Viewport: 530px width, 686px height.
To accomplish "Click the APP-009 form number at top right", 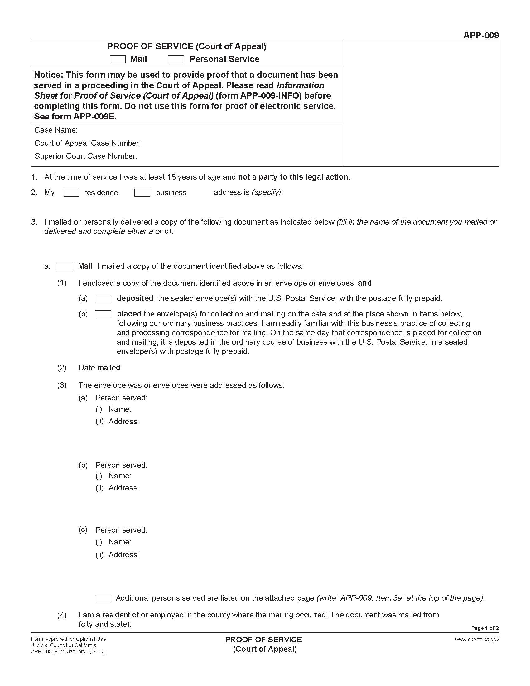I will click(x=481, y=35).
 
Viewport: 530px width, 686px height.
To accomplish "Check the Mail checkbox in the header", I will click(x=118, y=59).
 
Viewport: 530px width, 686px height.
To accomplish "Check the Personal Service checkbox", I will click(x=176, y=59).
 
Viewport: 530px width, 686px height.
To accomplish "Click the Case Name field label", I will click(x=56, y=130).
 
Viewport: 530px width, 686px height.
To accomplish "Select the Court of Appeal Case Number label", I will click(x=88, y=143).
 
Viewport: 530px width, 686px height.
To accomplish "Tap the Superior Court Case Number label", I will click(x=86, y=156).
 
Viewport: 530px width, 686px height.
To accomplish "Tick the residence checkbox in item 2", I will click(x=71, y=192).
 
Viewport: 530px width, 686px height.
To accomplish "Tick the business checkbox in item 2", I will click(x=142, y=192).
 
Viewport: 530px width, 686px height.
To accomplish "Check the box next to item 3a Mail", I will click(x=65, y=267).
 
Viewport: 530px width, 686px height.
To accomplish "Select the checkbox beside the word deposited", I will click(x=103, y=299).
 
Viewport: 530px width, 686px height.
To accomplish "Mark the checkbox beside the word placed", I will click(x=103, y=314).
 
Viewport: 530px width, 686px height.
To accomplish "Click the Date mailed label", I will click(x=100, y=368).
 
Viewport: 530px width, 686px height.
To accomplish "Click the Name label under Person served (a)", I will click(x=120, y=409).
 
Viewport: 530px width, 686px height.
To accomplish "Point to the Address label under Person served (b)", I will click(x=123, y=488).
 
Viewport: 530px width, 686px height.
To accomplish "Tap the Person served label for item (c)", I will click(x=121, y=530).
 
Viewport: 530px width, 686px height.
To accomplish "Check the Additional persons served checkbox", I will click(x=103, y=599).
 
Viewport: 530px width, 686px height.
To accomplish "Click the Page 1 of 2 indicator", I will click(x=485, y=628).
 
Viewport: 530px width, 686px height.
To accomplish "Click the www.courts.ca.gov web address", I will click(x=477, y=639).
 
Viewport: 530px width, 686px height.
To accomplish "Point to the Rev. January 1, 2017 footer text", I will click(x=79, y=651).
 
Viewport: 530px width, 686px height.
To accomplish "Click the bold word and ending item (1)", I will click(x=364, y=283).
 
